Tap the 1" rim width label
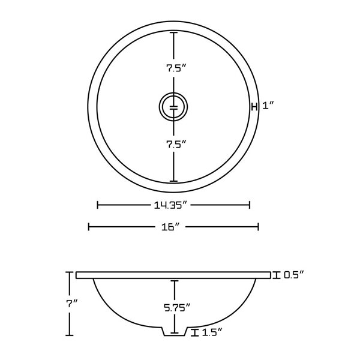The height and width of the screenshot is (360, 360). [268, 106]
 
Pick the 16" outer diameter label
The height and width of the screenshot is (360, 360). [174, 227]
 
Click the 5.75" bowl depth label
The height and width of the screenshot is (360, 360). [175, 307]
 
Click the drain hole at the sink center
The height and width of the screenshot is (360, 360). [173, 107]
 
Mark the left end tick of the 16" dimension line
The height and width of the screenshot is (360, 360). [89, 227]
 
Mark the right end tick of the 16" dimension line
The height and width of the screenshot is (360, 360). [259, 227]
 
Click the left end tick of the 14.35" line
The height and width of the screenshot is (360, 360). [98, 205]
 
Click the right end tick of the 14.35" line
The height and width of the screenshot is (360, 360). [250, 205]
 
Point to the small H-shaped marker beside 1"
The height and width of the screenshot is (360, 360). [254, 106]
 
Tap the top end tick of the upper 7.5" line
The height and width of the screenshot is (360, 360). [174, 32]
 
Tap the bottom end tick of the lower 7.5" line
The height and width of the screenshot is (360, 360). [174, 181]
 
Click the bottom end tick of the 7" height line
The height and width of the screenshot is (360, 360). [70, 334]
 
